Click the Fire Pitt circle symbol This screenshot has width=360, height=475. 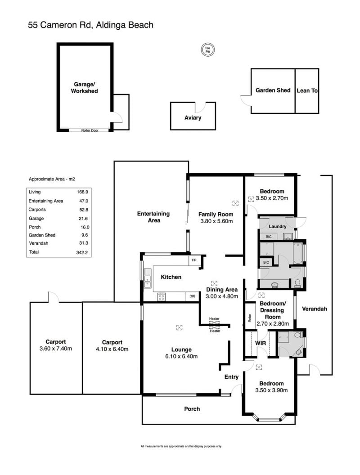(207, 49)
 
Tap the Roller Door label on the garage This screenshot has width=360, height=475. (90, 130)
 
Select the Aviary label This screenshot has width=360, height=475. (193, 117)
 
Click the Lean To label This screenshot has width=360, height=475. (307, 90)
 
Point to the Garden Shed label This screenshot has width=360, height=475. (273, 90)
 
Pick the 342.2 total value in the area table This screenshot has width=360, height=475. (82, 252)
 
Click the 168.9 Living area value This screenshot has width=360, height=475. (82, 192)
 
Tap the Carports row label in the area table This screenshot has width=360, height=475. (37, 209)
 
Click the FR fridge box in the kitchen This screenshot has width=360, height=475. (194, 260)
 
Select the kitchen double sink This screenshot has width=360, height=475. (148, 278)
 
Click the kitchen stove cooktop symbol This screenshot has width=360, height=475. (161, 297)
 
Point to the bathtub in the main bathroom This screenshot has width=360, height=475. (298, 253)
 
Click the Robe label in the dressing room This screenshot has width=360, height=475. (250, 318)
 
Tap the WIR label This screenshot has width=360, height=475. (261, 343)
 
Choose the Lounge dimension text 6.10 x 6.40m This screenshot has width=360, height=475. (181, 356)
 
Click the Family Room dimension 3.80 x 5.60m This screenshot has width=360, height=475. (216, 221)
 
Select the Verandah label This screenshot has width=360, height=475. (315, 309)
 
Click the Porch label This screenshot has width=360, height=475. (192, 409)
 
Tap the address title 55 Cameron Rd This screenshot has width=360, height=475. (60, 25)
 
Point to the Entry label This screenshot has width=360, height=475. (231, 377)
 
